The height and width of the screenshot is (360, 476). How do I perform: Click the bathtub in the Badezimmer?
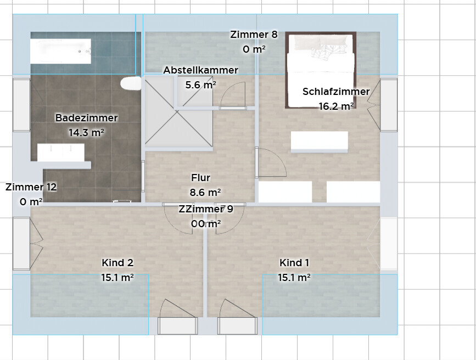[61, 51]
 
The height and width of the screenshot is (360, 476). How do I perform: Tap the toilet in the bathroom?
[131, 83]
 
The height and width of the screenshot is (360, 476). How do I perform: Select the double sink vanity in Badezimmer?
[61, 153]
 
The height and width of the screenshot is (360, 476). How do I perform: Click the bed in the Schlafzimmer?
[321, 70]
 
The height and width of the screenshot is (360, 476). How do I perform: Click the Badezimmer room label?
[87, 118]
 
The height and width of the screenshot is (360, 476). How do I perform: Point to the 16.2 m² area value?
[336, 106]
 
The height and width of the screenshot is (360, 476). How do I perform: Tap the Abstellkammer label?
[200, 70]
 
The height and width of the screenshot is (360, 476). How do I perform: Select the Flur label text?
[200, 178]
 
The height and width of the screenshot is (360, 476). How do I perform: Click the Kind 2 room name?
[117, 262]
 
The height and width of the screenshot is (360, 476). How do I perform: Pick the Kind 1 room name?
[294, 262]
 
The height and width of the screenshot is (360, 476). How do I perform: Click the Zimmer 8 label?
[254, 35]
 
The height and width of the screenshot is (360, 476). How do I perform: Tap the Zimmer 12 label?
[31, 187]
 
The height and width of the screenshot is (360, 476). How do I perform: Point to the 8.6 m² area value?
[205, 193]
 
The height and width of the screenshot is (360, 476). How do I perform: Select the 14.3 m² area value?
[87, 133]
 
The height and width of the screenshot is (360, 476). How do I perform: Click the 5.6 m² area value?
[200, 85]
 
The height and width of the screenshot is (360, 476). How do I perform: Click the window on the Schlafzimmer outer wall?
[389, 105]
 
